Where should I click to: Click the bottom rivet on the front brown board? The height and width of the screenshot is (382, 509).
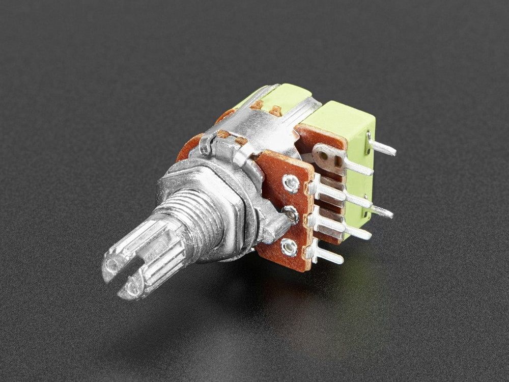coord(289,248)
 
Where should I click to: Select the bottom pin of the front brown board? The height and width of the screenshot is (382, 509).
coord(326,255)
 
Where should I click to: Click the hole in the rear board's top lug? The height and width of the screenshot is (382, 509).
coord(336,161)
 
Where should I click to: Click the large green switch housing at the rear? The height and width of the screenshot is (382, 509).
coord(346,127)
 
